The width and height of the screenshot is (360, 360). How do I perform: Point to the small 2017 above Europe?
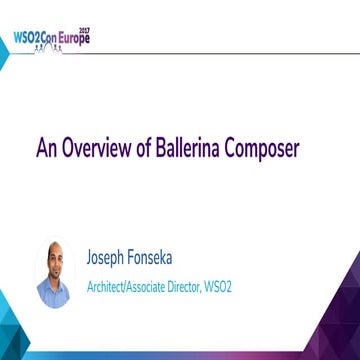tap(84, 30)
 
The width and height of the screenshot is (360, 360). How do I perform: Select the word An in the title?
tap(46, 149)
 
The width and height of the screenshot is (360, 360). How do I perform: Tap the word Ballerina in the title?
tap(193, 149)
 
